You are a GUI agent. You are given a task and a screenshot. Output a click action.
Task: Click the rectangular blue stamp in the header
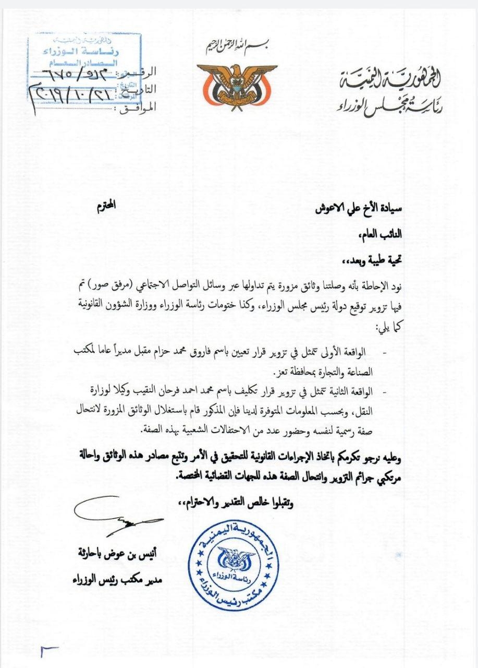click(84, 59)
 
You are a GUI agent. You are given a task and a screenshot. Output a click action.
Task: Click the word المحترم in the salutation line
click(106, 205)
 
